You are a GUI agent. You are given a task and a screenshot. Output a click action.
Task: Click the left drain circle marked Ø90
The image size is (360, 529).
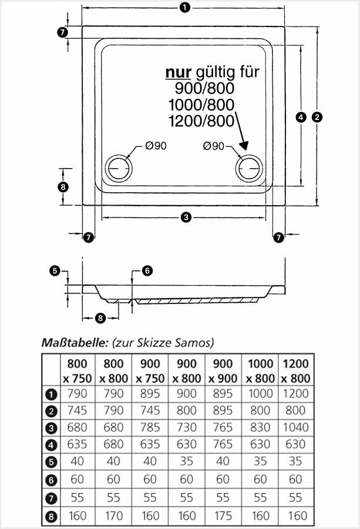(x=120, y=169)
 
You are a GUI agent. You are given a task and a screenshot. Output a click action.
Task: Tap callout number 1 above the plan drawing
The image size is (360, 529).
(x=185, y=8)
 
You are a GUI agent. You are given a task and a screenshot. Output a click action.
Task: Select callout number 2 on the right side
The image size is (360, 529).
(x=317, y=116)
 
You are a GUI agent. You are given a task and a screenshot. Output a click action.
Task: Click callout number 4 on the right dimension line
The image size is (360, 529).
(x=301, y=116)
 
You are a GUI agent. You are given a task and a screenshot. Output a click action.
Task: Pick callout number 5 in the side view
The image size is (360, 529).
(x=55, y=270)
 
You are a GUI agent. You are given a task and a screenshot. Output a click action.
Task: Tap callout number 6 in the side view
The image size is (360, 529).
(x=147, y=270)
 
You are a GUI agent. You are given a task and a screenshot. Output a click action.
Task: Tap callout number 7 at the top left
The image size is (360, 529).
(x=63, y=32)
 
